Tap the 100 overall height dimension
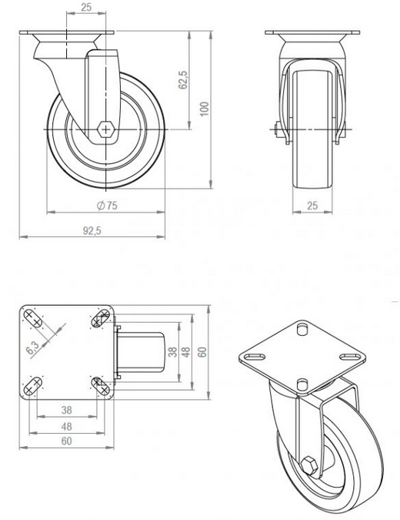(204, 109)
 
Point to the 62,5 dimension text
(183, 81)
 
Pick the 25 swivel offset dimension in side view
(86, 7)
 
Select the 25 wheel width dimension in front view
(312, 205)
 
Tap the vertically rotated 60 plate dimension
(203, 352)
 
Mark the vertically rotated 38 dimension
(172, 352)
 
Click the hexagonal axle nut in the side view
(106, 129)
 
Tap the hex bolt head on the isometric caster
(308, 465)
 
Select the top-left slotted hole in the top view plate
(32, 317)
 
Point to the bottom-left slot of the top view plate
(32, 385)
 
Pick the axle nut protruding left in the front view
(274, 129)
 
